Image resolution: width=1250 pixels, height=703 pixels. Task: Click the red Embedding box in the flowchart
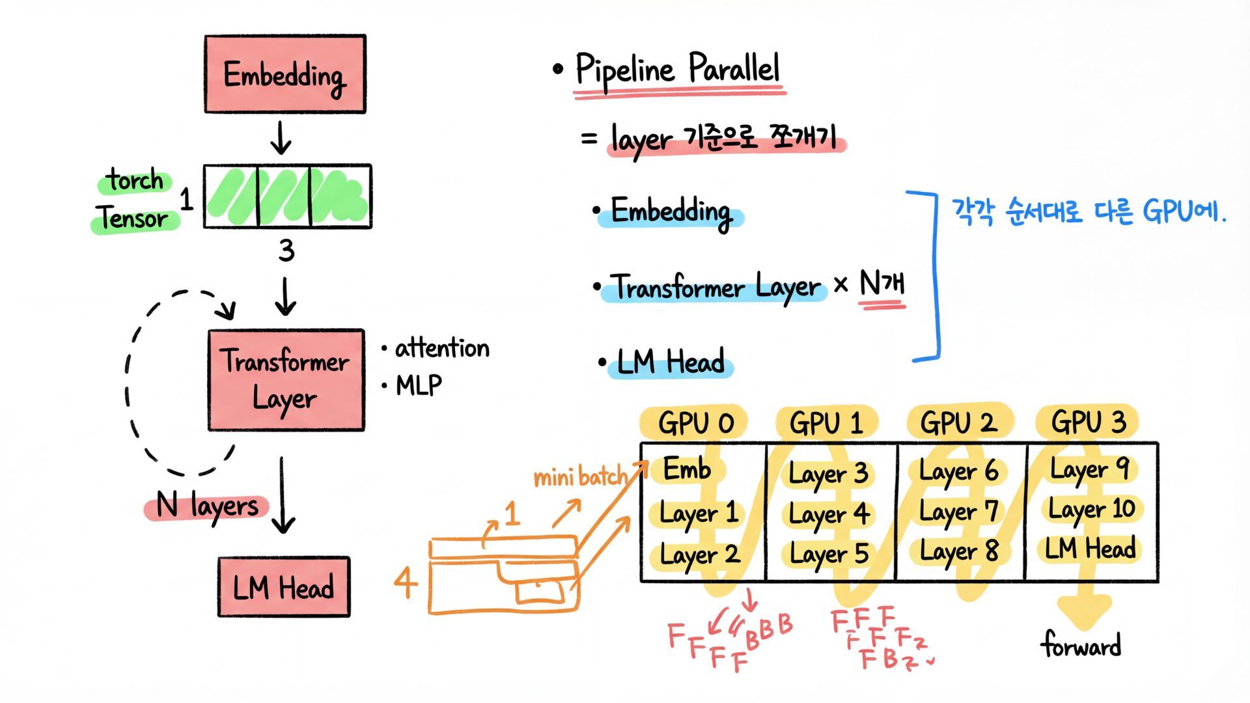point(285,74)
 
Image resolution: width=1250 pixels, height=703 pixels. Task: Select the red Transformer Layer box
point(286,380)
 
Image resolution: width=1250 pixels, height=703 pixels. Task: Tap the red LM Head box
point(284,587)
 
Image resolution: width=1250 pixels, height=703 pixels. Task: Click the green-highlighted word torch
point(135,180)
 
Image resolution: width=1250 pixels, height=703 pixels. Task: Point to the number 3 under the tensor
point(286,251)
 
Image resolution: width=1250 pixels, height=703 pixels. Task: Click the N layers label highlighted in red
point(207,506)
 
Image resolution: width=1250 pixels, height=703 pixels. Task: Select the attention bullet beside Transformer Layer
point(442,348)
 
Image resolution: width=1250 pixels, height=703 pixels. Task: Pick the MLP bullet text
point(419,385)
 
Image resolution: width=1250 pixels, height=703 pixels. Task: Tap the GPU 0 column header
point(695,423)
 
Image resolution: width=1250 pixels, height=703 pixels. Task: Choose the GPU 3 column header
point(1088,422)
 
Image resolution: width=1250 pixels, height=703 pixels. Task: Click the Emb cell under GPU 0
point(686,469)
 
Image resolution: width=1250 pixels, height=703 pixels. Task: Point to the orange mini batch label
point(580,478)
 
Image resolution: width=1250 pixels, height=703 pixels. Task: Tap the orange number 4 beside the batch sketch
point(405,582)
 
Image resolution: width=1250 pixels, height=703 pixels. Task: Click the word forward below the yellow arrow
point(1081,645)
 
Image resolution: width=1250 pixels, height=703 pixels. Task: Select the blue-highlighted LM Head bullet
point(670,363)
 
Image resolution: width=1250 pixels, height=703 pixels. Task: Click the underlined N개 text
point(882,284)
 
